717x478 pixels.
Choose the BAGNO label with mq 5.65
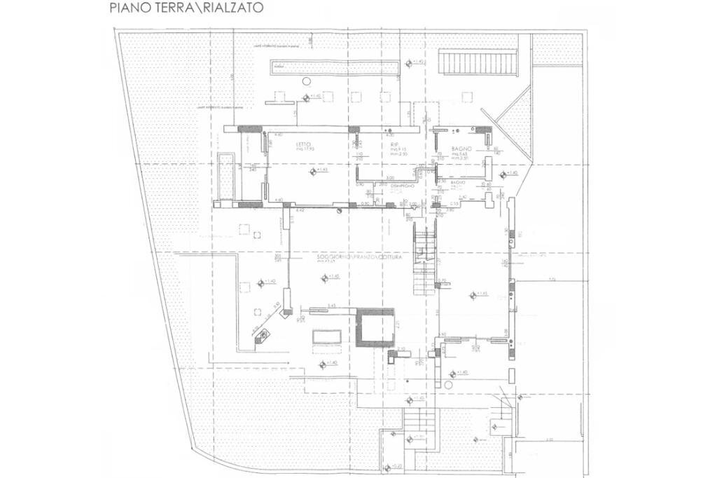[461, 149]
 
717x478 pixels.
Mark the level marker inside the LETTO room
[312, 170]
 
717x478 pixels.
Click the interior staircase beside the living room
[425, 259]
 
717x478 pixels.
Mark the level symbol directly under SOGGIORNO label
[324, 278]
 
